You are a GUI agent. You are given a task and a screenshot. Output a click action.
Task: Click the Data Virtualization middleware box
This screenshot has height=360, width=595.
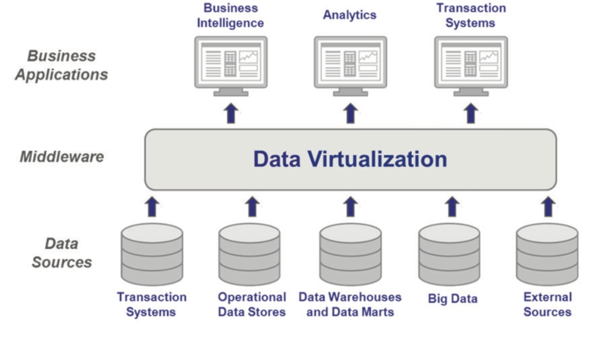(350, 160)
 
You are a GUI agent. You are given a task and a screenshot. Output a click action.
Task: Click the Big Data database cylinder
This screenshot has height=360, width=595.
(449, 254)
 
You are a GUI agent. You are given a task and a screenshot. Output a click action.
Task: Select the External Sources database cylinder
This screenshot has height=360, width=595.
(547, 254)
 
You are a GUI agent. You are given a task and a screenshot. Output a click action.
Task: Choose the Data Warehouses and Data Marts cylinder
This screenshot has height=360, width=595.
(350, 254)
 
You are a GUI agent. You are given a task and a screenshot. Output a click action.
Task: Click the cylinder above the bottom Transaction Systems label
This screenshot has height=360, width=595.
(152, 254)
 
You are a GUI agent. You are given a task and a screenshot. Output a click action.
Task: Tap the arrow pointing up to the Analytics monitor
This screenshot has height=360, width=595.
(350, 113)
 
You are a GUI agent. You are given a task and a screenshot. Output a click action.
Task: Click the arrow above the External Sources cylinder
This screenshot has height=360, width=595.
(548, 207)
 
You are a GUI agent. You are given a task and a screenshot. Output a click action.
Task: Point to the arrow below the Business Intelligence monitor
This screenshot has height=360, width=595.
(231, 113)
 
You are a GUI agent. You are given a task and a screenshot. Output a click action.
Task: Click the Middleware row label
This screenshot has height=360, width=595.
(61, 157)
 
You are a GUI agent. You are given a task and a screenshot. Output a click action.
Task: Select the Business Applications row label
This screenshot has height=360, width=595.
(61, 65)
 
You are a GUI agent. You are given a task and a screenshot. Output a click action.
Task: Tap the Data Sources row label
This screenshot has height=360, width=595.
(61, 253)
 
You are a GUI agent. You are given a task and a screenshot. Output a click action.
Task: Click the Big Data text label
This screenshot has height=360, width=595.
(453, 299)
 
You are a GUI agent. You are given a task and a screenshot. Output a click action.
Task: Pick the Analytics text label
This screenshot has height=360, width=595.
(350, 15)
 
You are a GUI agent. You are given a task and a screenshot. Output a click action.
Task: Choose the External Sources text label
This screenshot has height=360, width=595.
(547, 304)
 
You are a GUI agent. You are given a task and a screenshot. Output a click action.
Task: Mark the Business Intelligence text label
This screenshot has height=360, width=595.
(230, 16)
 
